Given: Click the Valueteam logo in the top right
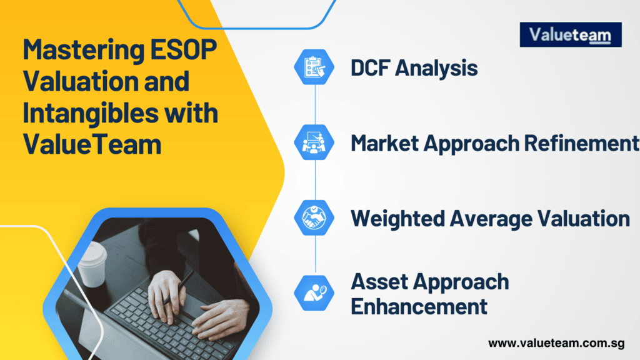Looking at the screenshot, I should point(571,35).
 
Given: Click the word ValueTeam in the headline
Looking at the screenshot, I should point(92,145).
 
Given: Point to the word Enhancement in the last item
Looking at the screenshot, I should point(419,307).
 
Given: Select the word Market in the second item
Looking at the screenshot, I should point(384,143).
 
